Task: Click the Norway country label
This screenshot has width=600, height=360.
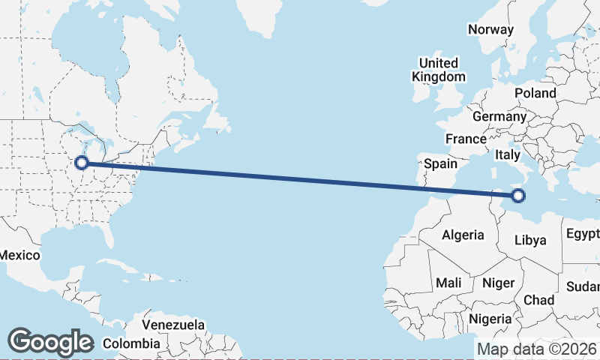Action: (490, 30)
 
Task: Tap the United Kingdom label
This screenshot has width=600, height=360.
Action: (439, 70)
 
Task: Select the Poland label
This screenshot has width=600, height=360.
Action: (535, 94)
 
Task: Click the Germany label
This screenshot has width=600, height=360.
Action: (499, 117)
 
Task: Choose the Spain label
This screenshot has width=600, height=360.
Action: (440, 163)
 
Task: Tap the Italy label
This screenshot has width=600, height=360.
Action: (507, 155)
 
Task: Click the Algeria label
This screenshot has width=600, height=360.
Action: (463, 235)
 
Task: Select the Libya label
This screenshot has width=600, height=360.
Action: (530, 240)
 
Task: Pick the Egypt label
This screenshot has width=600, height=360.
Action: (583, 232)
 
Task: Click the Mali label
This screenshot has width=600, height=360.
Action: (448, 283)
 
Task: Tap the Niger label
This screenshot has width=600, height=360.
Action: (499, 283)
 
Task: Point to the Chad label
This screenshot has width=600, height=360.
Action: (538, 300)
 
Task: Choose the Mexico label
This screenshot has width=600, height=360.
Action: (19, 256)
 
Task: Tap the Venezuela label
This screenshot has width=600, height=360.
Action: (173, 325)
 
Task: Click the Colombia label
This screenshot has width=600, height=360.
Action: (131, 343)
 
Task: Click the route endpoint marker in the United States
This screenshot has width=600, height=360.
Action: (82, 162)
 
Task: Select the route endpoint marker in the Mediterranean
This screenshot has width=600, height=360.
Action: (517, 196)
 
